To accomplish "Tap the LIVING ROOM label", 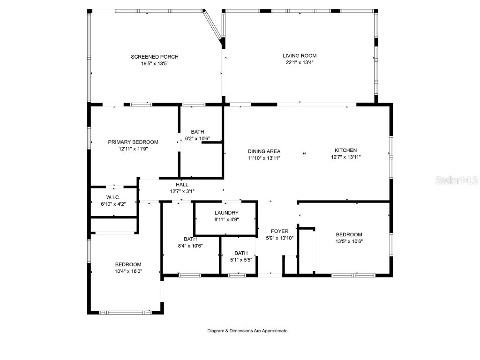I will click(x=300, y=56).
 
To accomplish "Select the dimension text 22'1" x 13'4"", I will click(x=300, y=62).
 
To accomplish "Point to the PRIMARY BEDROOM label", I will click(x=133, y=142).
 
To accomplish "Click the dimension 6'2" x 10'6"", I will click(x=197, y=138).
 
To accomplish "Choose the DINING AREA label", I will click(x=264, y=151).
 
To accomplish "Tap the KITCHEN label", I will click(x=345, y=150).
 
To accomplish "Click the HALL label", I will click(x=182, y=185).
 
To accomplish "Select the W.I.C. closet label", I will click(x=113, y=197).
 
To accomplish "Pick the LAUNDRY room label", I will click(x=226, y=213).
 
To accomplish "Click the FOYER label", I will click(x=280, y=232).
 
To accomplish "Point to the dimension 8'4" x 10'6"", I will click(x=190, y=245).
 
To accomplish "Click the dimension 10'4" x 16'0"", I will click(x=128, y=271).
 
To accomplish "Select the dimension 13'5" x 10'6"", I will click(x=349, y=241).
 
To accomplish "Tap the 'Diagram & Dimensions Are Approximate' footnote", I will click(x=247, y=331).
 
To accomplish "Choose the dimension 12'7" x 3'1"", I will click(x=182, y=191).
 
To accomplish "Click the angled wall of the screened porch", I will click(x=213, y=28).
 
